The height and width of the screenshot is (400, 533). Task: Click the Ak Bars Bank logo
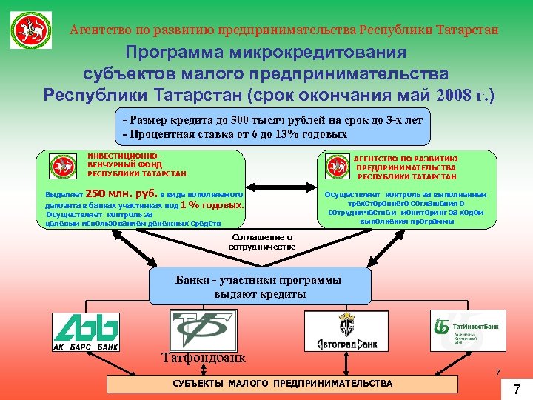(86, 331)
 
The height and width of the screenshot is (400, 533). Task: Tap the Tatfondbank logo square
(204, 330)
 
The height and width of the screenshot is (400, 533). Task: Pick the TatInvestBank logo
(468, 330)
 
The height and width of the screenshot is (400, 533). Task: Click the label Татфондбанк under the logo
(203, 359)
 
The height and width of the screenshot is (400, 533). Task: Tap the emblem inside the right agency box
(336, 166)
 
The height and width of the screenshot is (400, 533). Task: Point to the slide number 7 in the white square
(517, 389)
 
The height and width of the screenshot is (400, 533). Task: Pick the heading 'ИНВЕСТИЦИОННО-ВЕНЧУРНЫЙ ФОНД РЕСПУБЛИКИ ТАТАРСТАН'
(136, 165)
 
